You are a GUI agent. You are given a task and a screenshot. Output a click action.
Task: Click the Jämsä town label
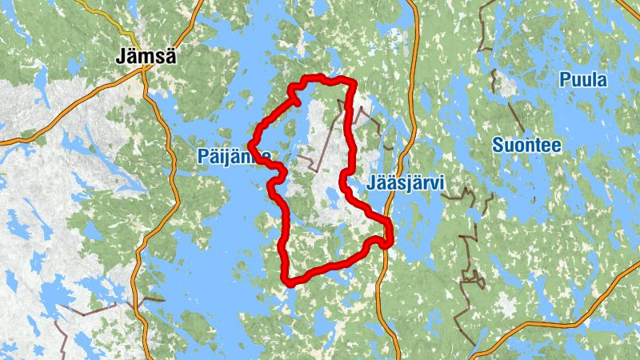pyautogui.click(x=146, y=57)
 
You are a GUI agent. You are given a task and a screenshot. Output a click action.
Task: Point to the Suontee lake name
pyautogui.click(x=526, y=146)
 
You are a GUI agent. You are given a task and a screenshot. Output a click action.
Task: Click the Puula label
pyautogui.click(x=583, y=80)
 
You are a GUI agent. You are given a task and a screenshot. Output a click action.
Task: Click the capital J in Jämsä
pyautogui.click(x=121, y=57)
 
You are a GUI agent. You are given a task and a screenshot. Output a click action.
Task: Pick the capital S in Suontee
pyautogui.click(x=498, y=146)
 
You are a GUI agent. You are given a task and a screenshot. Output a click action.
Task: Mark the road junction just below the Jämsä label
pyautogui.click(x=143, y=70)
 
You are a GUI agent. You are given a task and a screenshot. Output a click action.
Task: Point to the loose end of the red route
pyautogui.click(x=298, y=102)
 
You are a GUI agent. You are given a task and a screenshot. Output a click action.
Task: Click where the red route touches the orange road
pyautogui.click(x=387, y=240)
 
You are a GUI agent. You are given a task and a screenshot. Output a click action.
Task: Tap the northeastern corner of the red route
pyautogui.click(x=352, y=82)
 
